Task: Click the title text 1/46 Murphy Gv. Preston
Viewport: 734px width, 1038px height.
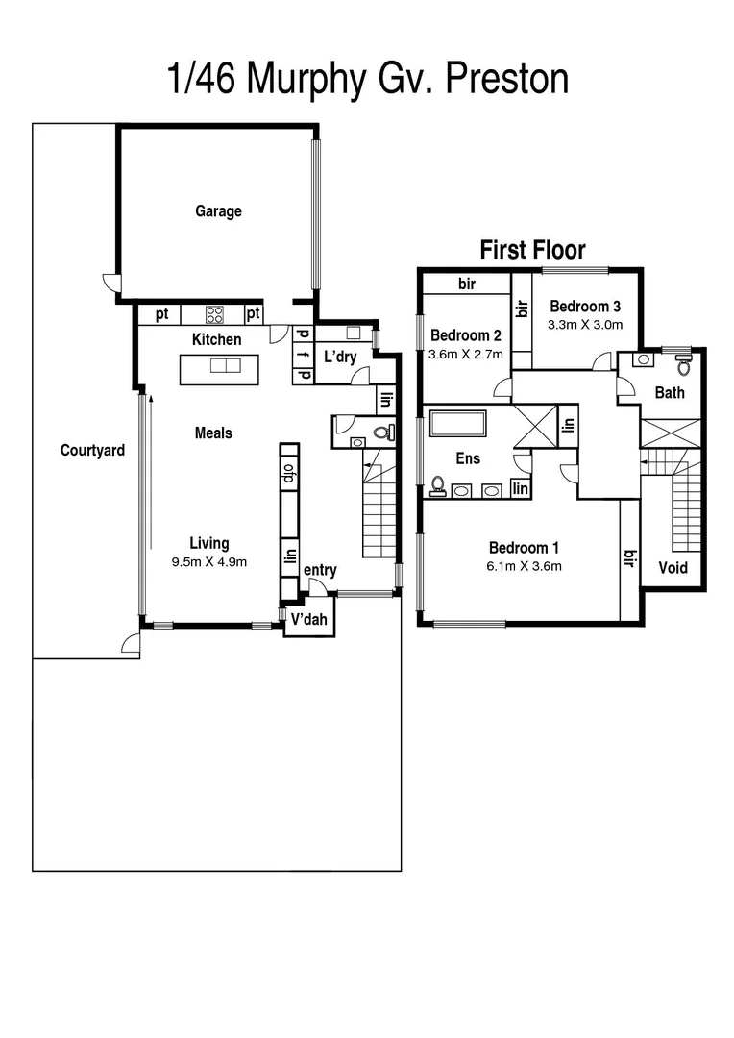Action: (x=368, y=79)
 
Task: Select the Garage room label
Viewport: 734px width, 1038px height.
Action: (x=218, y=211)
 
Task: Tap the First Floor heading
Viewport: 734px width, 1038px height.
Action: (x=532, y=250)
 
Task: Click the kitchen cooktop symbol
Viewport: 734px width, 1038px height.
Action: (x=214, y=313)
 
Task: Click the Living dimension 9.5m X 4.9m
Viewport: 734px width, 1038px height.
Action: (x=208, y=562)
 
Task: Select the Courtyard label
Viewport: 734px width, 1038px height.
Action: (x=92, y=450)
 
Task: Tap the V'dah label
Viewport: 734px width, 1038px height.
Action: (x=309, y=620)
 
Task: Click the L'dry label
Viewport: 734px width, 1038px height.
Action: (x=340, y=357)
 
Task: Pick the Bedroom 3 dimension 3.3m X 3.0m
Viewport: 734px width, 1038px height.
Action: (x=585, y=325)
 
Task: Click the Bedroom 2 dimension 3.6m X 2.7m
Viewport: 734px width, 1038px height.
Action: (x=466, y=354)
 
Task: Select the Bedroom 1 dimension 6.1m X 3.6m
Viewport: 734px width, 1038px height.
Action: (x=524, y=566)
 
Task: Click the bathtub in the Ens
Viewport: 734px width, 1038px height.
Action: (x=457, y=424)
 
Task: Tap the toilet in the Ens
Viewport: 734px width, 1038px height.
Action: (x=437, y=484)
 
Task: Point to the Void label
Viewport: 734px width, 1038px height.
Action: (x=673, y=568)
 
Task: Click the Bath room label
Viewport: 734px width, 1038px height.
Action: (x=670, y=392)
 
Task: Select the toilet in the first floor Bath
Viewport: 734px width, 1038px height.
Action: (x=683, y=364)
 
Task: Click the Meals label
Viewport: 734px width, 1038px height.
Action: (x=212, y=433)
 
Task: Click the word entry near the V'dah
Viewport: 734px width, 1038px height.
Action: (x=320, y=571)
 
